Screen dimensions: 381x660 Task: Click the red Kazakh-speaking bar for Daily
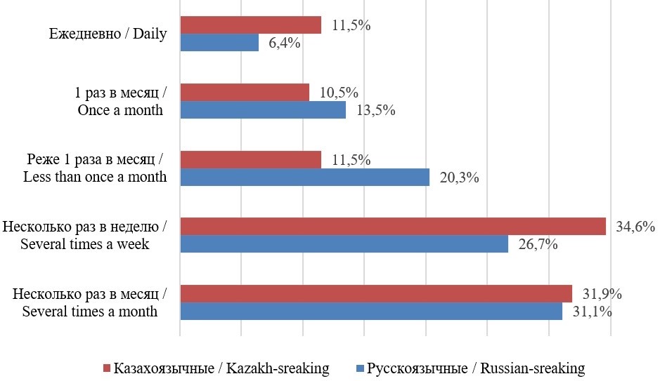[250, 25]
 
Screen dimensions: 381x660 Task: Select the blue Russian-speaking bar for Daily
[219, 43]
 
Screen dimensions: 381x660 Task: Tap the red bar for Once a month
[245, 93]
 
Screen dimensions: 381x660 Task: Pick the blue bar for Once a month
[263, 110]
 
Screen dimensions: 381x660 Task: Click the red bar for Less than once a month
[250, 160]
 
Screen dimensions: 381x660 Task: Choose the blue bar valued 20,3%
[304, 178]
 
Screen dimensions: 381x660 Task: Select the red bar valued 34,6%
[393, 226]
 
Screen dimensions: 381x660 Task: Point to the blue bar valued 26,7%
[344, 244]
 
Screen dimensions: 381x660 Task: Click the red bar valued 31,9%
[376, 293]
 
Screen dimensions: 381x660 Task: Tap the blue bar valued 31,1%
[371, 311]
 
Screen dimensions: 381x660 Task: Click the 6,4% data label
[284, 44]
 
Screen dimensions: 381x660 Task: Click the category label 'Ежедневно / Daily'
[108, 34]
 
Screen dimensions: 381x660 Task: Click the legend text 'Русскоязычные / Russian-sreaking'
[476, 368]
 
